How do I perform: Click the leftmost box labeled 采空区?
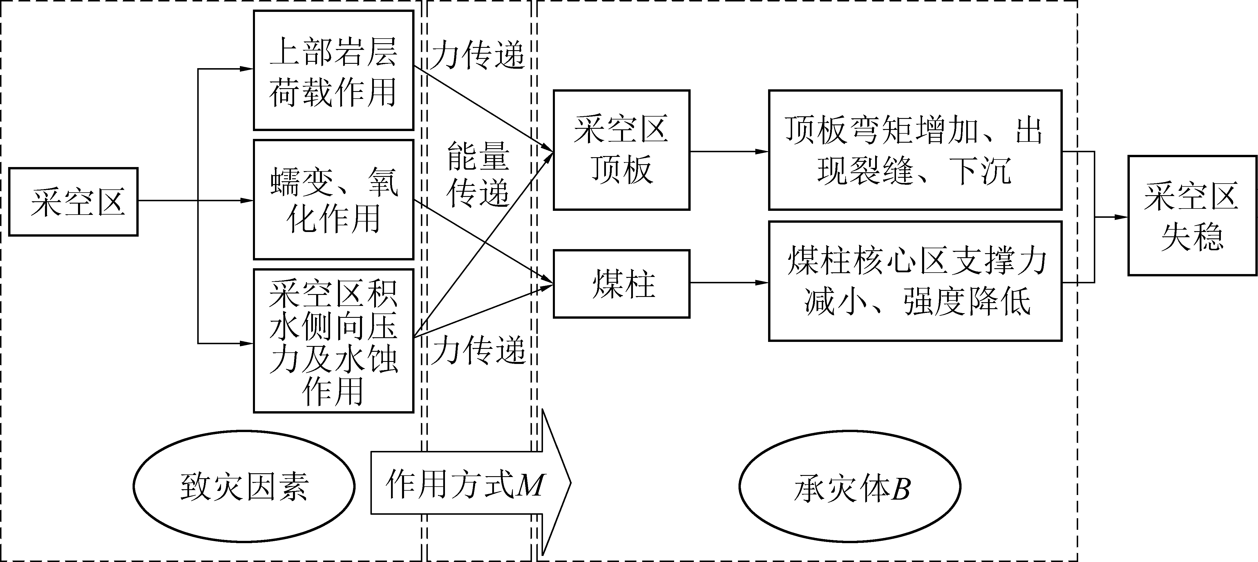coord(73,202)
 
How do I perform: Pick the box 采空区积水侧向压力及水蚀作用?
coord(333,341)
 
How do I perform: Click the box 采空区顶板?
coord(621,150)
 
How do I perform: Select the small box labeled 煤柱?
coord(621,284)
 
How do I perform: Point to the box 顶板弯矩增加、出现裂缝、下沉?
coord(915,150)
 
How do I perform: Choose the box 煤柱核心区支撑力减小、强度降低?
coord(915,281)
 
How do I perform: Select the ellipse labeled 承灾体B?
coord(850,486)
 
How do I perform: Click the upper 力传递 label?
coord(478,55)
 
